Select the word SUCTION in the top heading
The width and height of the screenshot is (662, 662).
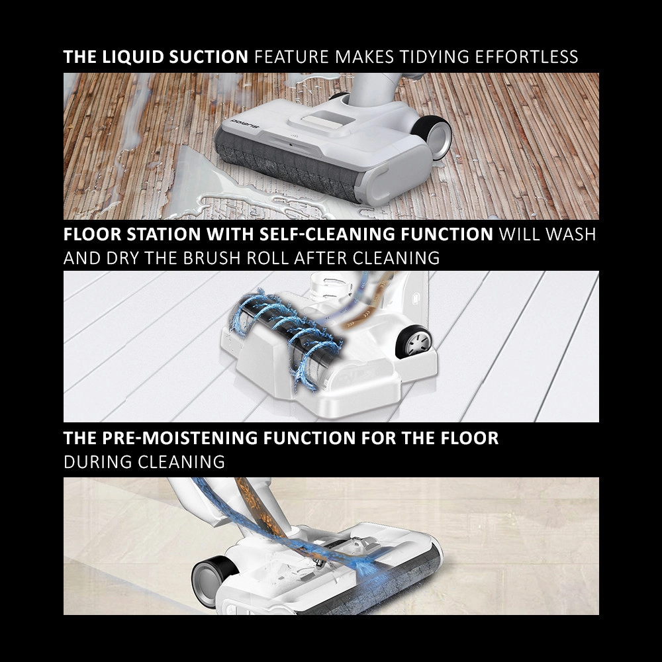208,57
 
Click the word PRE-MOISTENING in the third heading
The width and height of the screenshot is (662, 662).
179,438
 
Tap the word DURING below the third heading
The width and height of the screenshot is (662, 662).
98,462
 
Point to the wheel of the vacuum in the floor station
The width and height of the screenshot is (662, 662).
414,341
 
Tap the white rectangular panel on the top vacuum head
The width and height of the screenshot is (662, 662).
322,118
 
